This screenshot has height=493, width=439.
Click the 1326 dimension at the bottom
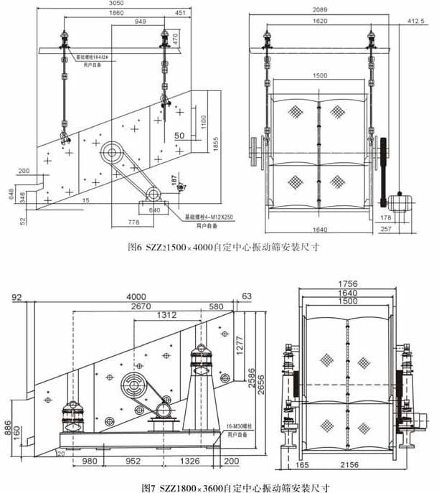pos(189,461)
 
